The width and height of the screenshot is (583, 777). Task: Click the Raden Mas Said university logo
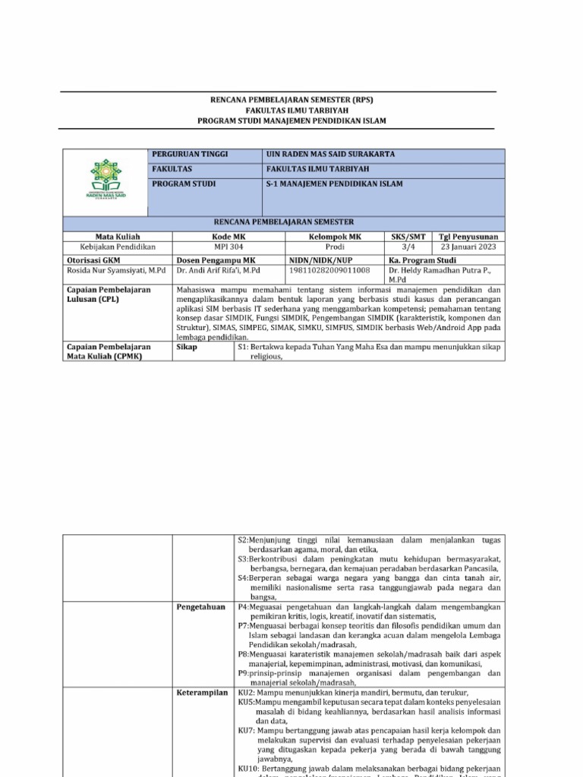pyautogui.click(x=106, y=179)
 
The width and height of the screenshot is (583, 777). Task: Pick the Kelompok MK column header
pyautogui.click(x=335, y=237)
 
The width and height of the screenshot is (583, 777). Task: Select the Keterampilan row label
pyautogui.click(x=202, y=693)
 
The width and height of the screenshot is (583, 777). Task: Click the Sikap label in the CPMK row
pyautogui.click(x=187, y=347)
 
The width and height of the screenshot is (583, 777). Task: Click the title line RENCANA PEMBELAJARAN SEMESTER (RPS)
pyautogui.click(x=292, y=99)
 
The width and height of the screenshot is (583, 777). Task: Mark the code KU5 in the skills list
pyautogui.click(x=246, y=703)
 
